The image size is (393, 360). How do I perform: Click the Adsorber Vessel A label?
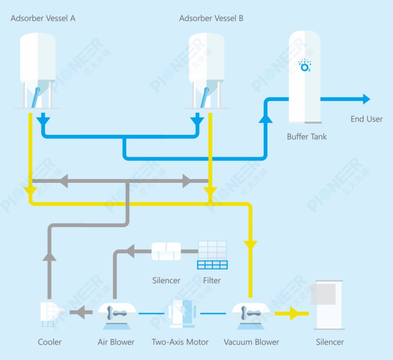[43, 18]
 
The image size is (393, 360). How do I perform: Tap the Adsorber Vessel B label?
[211, 18]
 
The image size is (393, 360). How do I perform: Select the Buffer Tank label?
[307, 136]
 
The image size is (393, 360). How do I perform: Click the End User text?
[366, 119]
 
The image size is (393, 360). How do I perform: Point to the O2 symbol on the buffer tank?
[305, 66]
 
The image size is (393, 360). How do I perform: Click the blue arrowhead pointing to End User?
[366, 99]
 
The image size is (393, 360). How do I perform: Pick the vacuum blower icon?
[251, 313]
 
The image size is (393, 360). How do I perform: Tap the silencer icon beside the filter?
[166, 251]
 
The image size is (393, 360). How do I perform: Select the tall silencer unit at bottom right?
[329, 304]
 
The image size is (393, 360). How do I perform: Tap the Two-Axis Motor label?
[180, 342]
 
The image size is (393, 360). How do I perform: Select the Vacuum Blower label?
[252, 342]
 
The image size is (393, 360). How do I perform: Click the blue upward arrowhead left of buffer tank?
[265, 117]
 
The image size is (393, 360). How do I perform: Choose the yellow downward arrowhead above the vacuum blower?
[251, 244]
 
